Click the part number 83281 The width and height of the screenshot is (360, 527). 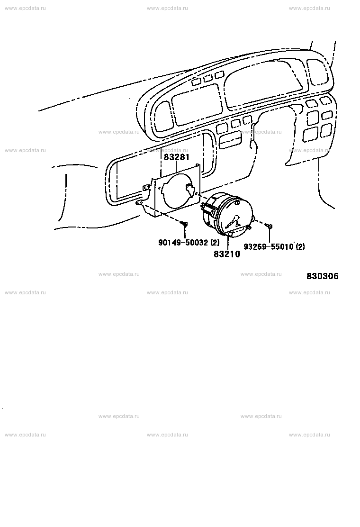point(177,157)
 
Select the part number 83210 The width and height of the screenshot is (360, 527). point(227,254)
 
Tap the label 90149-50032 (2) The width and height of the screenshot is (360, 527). point(189,243)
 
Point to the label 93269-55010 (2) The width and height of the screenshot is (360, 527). point(274,247)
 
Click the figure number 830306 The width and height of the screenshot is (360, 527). point(323,276)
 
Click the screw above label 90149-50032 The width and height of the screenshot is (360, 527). point(184,224)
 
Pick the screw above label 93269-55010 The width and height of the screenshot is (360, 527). point(270,227)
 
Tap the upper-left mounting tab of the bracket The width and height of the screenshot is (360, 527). point(147,187)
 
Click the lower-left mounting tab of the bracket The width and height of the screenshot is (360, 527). point(139,203)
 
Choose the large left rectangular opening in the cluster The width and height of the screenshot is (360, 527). point(197,105)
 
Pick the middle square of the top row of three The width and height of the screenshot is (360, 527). point(208,79)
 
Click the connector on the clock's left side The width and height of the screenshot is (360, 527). point(207,210)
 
